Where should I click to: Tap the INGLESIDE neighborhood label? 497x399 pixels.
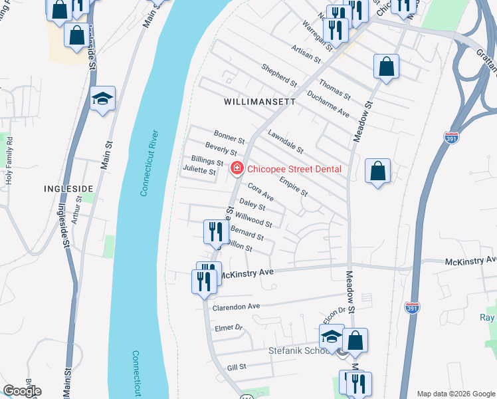coord(68,189)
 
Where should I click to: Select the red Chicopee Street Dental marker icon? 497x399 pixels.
coord(236,170)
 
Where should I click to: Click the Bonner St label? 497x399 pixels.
coord(229,138)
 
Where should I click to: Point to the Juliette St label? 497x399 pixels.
coord(199,171)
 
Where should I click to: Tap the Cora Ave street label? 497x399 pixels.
coord(260,193)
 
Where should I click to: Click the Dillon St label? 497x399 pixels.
coord(239,245)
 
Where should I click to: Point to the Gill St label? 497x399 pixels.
coord(237,366)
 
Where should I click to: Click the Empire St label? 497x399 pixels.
coord(293,186)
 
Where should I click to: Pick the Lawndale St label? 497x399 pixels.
coord(285,142)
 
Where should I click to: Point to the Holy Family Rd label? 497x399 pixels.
coord(9,160)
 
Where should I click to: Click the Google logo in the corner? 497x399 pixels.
coord(21,391)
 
